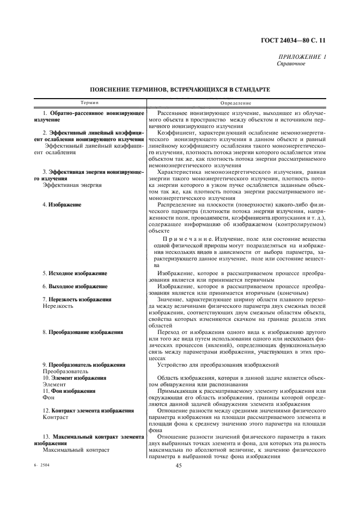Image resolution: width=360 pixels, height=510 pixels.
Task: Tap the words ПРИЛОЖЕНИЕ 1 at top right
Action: click(x=302, y=57)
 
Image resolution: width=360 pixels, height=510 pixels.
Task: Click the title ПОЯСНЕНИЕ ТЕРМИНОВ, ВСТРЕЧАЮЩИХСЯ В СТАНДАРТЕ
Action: click(x=180, y=89)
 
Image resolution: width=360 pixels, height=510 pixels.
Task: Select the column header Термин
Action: click(x=89, y=102)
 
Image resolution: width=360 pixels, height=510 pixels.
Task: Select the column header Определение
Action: click(x=236, y=102)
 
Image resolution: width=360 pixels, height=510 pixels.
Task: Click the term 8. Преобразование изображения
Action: click(x=82, y=332)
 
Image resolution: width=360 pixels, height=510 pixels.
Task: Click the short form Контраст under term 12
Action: click(x=55, y=417)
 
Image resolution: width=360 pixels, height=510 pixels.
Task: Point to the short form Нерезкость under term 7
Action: click(x=58, y=306)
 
